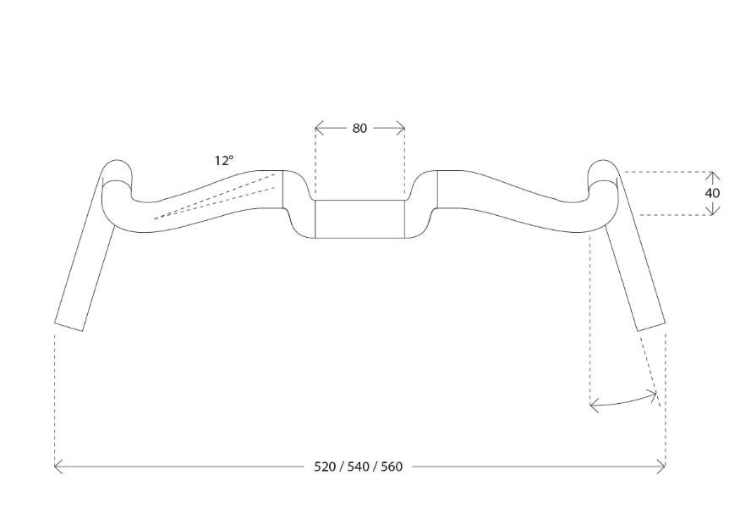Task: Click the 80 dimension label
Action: pyautogui.click(x=359, y=128)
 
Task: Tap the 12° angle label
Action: pyautogui.click(x=224, y=160)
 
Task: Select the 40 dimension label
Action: pyautogui.click(x=712, y=193)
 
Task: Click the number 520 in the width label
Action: pyautogui.click(x=325, y=467)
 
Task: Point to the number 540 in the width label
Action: pyautogui.click(x=359, y=467)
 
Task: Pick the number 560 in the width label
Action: pyautogui.click(x=392, y=467)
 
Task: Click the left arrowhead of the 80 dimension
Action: pyautogui.click(x=319, y=128)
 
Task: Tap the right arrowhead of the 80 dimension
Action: pyautogui.click(x=400, y=128)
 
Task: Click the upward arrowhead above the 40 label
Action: pyautogui.click(x=713, y=175)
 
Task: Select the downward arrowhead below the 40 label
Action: pyautogui.click(x=713, y=211)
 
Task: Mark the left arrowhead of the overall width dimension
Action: pyautogui.click(x=58, y=467)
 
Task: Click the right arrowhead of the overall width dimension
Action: pyautogui.click(x=661, y=467)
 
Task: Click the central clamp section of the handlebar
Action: pyautogui.click(x=359, y=218)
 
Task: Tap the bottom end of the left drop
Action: pyautogui.click(x=69, y=327)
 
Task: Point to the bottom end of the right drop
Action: pyautogui.click(x=651, y=327)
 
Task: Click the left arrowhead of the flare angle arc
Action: pyautogui.click(x=595, y=406)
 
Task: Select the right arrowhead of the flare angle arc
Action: pyautogui.click(x=652, y=395)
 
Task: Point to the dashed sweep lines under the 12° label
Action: pyautogui.click(x=215, y=196)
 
